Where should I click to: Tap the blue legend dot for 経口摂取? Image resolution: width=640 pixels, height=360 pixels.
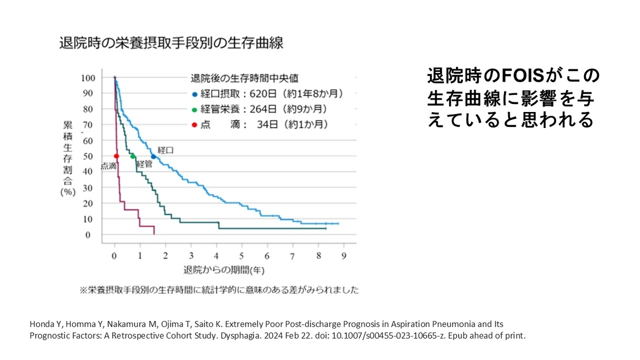pyautogui.click(x=195, y=94)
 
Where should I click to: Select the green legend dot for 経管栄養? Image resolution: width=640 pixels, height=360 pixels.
pyautogui.click(x=195, y=110)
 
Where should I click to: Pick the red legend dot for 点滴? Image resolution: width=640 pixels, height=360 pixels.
pyautogui.click(x=195, y=125)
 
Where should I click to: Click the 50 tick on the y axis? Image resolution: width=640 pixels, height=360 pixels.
pyautogui.click(x=90, y=156)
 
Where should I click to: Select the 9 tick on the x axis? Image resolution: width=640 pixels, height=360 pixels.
pyautogui.click(x=343, y=255)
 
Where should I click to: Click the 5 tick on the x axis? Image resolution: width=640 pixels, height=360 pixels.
pyautogui.click(x=242, y=255)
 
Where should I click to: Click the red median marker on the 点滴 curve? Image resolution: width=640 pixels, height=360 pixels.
pyautogui.click(x=116, y=156)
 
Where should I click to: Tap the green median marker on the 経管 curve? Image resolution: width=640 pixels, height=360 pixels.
pyautogui.click(x=133, y=156)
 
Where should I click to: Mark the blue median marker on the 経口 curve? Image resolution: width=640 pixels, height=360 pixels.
pyautogui.click(x=154, y=156)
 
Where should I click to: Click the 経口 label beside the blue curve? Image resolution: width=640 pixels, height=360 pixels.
pyautogui.click(x=166, y=151)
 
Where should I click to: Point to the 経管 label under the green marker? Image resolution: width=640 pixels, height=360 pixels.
pyautogui.click(x=145, y=165)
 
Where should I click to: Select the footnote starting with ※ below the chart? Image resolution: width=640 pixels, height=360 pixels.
pyautogui.click(x=219, y=291)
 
